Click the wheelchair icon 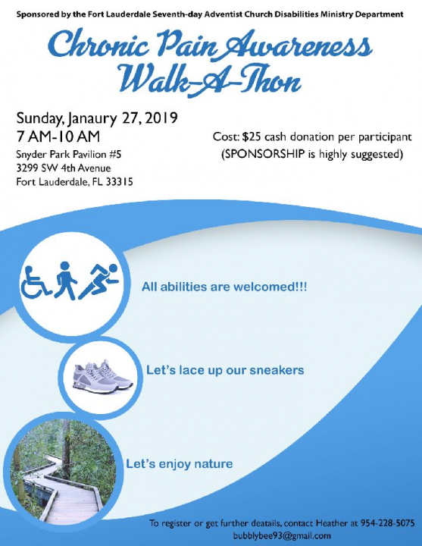pyautogui.click(x=36, y=283)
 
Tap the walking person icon pyautogui.click(x=66, y=281)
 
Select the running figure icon pyautogui.click(x=98, y=281)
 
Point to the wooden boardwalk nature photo pyautogui.click(x=64, y=472)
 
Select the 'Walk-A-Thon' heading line pyautogui.click(x=209, y=80)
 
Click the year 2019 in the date pyautogui.click(x=161, y=118)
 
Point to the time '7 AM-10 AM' pyautogui.click(x=58, y=136)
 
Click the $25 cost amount pyautogui.click(x=252, y=136)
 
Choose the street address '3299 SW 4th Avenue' pyautogui.click(x=64, y=168)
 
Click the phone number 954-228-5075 pyautogui.click(x=388, y=523)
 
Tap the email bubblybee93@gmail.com pyautogui.click(x=282, y=535)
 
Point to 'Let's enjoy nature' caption pyautogui.click(x=179, y=464)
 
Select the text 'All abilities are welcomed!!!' pyautogui.click(x=224, y=287)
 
